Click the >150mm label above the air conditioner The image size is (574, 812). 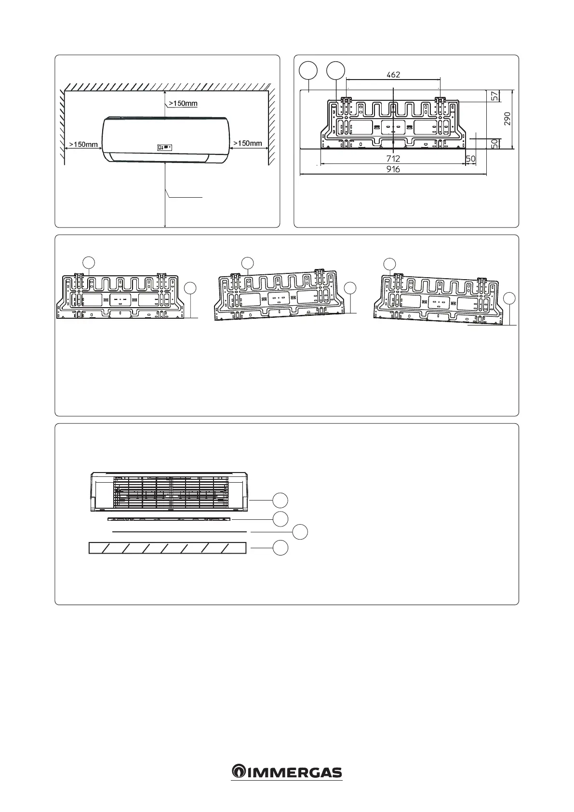point(183,103)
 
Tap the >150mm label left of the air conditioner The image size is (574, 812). point(84,144)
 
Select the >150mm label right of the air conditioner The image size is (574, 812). point(248,143)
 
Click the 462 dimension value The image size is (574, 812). point(393,75)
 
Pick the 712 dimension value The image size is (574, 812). point(393,158)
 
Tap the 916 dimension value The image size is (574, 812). point(393,169)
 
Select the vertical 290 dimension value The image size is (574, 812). point(507,119)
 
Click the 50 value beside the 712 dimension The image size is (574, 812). point(470,158)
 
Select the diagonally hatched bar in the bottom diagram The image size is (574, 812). point(168,548)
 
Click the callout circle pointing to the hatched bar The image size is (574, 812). point(281,548)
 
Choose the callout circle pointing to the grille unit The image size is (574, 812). point(281,501)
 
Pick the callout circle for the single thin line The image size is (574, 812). point(301,532)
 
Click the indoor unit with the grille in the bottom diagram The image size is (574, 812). point(170,492)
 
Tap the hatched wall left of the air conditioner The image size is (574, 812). point(62,125)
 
